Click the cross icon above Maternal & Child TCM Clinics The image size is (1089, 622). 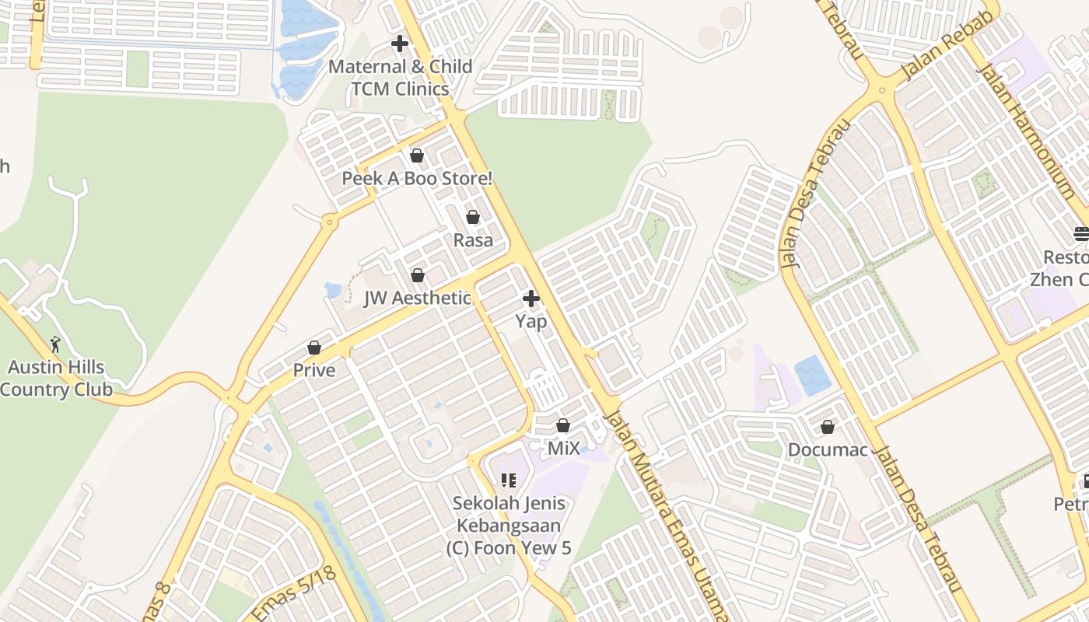pos(400,44)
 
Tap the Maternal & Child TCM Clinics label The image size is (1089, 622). pos(400,78)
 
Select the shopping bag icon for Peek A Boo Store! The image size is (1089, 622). pos(417,155)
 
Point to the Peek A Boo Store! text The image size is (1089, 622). pos(417,179)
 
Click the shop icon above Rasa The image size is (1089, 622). pos(473,217)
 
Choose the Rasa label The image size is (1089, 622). pos(473,240)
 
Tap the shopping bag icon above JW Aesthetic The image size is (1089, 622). pos(418,275)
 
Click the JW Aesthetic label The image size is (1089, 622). pos(418,299)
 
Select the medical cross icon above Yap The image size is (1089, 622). pos(531,299)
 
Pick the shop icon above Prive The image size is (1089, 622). pos(314,348)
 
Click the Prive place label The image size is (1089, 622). pos(314,371)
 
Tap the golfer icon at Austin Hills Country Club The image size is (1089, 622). pos(55,344)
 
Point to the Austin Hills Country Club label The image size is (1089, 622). pos(56,379)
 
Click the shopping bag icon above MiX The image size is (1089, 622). pos(563,425)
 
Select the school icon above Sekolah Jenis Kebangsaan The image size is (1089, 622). pos(509,480)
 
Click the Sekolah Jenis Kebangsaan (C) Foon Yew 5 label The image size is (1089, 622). pos(509,526)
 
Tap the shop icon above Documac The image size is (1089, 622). pos(828,427)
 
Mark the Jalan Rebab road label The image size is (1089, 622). pos(948,47)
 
